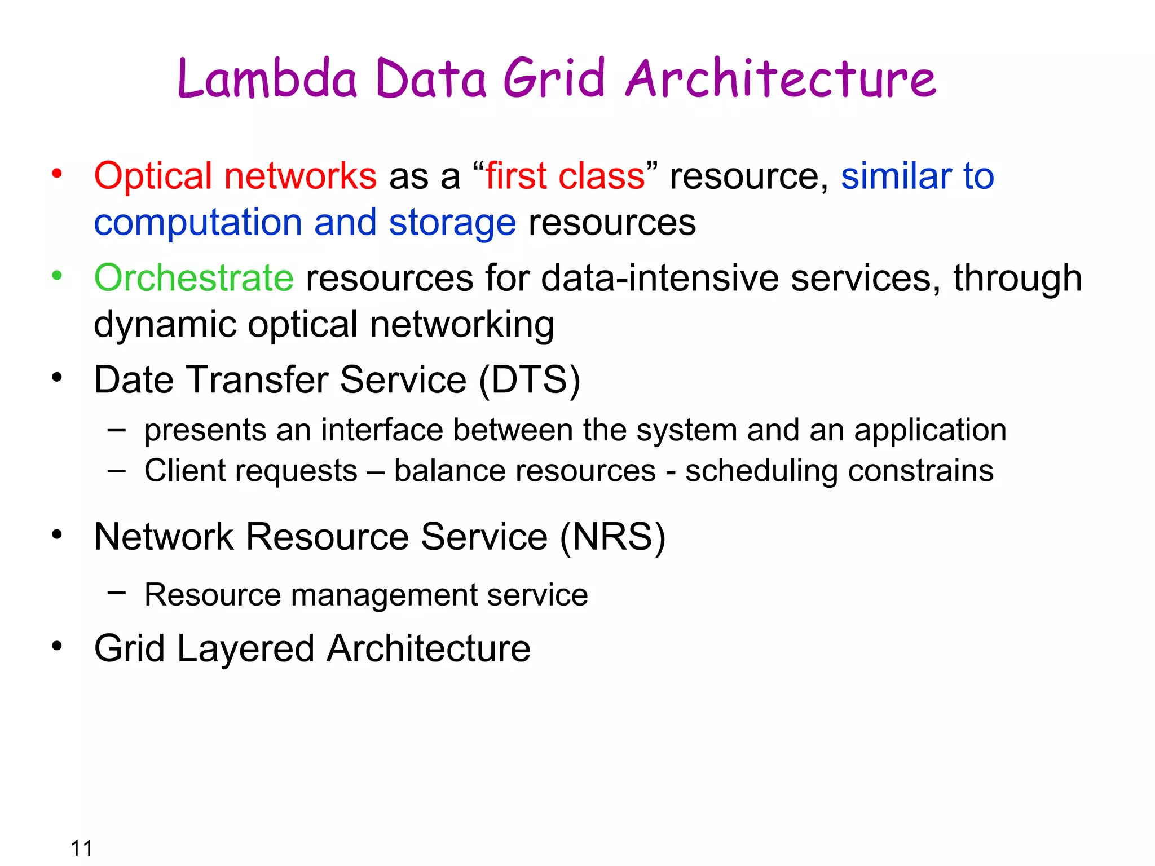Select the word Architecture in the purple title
click(781, 78)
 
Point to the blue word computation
click(198, 223)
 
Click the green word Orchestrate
click(194, 278)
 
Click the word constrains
click(920, 471)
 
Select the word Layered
click(245, 648)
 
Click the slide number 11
click(81, 848)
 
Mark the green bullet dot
click(57, 276)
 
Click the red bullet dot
click(57, 174)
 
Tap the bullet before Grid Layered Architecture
click(57, 646)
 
